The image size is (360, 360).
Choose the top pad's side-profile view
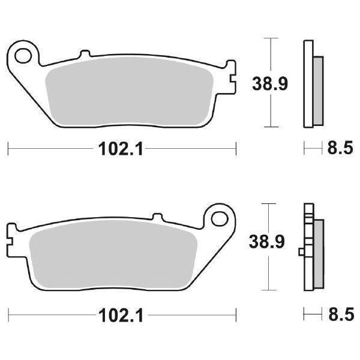tap(311, 84)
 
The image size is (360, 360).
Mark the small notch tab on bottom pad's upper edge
tap(157, 217)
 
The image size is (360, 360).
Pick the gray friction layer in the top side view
tap(318, 86)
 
